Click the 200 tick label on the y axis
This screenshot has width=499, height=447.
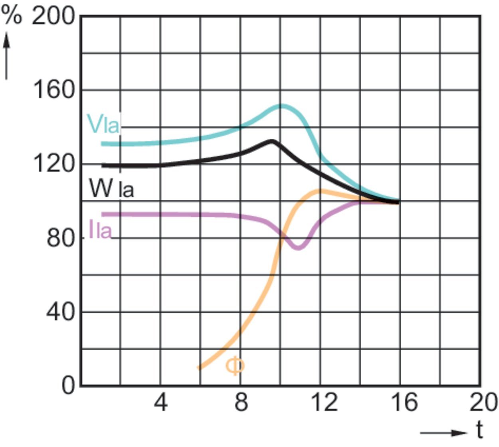point(53,17)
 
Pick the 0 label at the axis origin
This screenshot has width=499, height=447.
point(68,386)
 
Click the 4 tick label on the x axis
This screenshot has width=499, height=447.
point(160,403)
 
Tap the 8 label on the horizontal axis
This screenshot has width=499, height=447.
point(241,403)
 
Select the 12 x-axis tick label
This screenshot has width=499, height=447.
point(323,403)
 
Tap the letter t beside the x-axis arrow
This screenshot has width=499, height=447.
point(479,431)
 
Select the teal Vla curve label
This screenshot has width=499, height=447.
point(103,124)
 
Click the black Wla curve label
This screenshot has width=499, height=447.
point(111,189)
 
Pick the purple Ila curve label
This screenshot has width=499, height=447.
point(100,230)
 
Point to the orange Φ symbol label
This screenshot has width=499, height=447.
point(235,366)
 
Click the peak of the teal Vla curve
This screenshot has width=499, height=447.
point(281,106)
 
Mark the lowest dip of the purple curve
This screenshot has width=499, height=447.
point(299,248)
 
